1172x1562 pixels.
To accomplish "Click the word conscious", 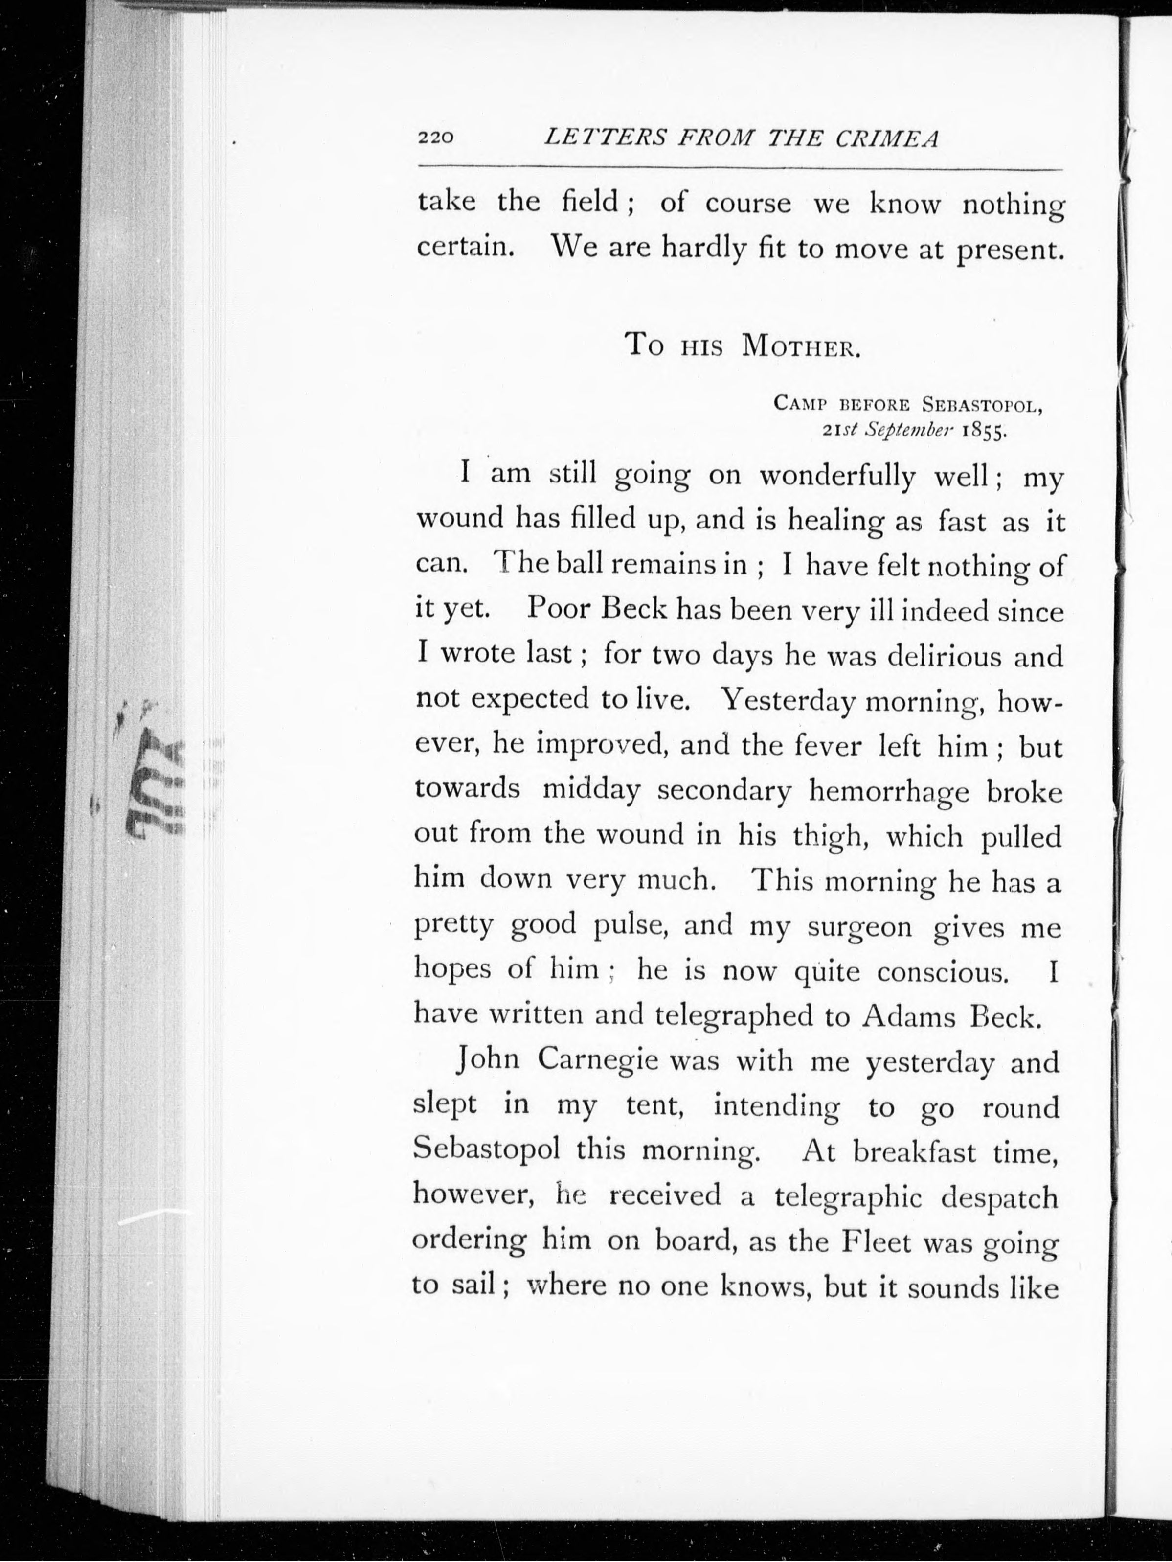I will pos(943,972).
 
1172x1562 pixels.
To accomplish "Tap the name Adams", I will pos(909,1016).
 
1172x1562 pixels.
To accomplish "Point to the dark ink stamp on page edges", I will pos(156,784).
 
